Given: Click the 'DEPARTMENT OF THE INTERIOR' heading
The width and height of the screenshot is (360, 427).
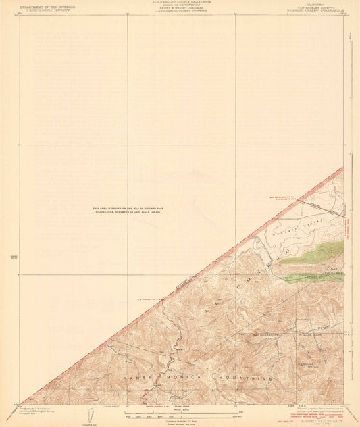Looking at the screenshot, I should [x=47, y=6].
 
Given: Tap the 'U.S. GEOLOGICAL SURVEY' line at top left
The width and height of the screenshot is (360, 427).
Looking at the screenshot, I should [x=47, y=10].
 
